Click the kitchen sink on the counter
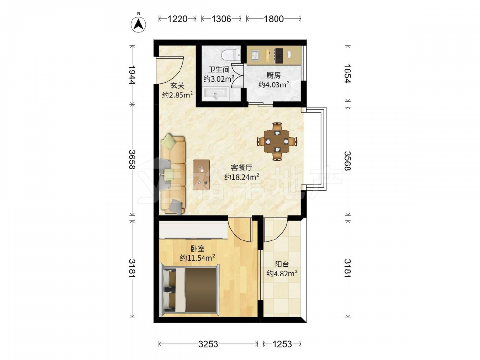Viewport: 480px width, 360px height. click(255, 55)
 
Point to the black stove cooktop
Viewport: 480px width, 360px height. click(278, 56)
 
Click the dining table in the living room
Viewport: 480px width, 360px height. click(277, 142)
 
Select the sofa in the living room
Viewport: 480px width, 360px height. click(173, 174)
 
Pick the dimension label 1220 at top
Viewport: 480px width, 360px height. click(178, 19)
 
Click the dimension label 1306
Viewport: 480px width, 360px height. click(221, 19)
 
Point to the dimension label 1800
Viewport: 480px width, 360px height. click(274, 19)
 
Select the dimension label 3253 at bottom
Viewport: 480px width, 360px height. click(208, 344)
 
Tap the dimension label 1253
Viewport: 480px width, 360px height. click(282, 344)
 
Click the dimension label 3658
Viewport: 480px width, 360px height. click(132, 159)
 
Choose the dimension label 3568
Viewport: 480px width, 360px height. click(348, 161)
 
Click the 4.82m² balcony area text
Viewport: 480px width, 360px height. click(282, 274)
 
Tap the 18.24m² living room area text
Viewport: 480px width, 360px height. click(242, 177)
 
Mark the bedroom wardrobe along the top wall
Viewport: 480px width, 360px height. click(193, 230)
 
